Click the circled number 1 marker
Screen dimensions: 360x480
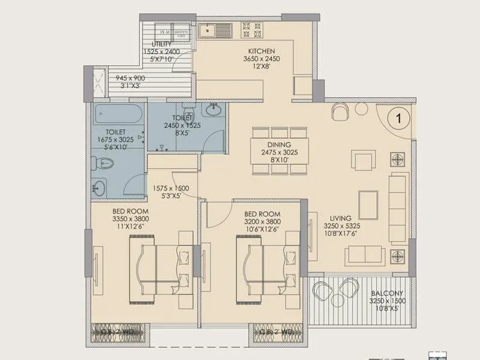point(398,118)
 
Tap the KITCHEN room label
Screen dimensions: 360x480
point(259,51)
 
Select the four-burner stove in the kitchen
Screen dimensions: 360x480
point(251,30)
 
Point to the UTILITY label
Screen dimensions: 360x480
point(161,44)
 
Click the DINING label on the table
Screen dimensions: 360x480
point(280,145)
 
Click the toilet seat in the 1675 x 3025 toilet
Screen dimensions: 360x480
point(103,162)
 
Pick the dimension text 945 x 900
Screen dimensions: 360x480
point(130,78)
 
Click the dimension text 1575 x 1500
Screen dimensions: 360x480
point(170,188)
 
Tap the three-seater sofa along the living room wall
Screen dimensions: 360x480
point(398,207)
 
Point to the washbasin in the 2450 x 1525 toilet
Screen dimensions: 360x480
point(212,110)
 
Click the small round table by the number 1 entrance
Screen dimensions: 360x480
point(361,109)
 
